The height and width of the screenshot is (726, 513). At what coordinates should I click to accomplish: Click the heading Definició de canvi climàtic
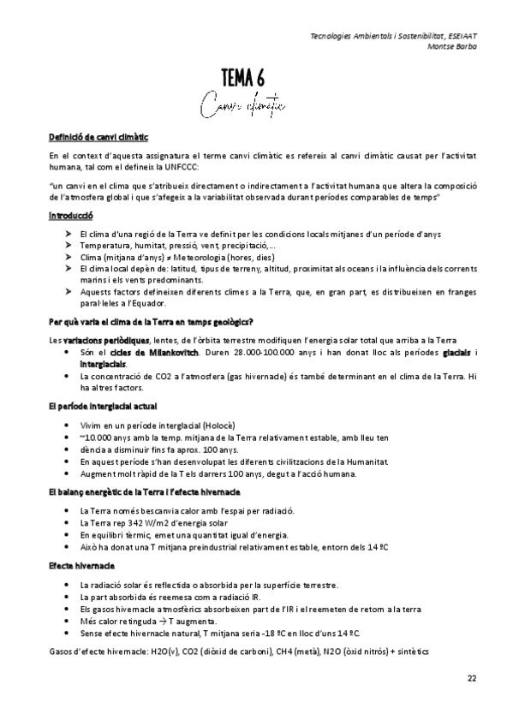(x=98, y=136)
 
